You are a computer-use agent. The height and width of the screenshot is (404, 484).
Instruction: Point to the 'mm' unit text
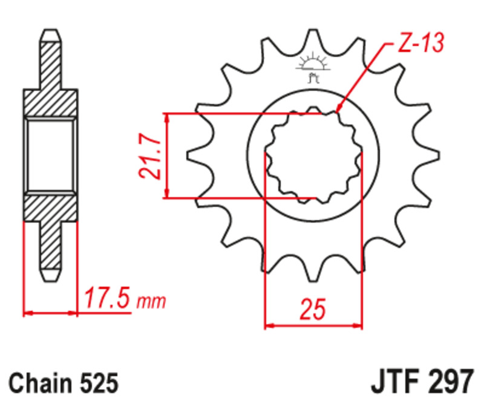point(151,301)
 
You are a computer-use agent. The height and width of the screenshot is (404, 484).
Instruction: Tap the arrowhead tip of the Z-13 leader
point(336,112)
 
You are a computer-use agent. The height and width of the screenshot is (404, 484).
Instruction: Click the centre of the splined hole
point(313,155)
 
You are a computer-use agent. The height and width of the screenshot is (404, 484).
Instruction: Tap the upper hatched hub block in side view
point(51,103)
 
